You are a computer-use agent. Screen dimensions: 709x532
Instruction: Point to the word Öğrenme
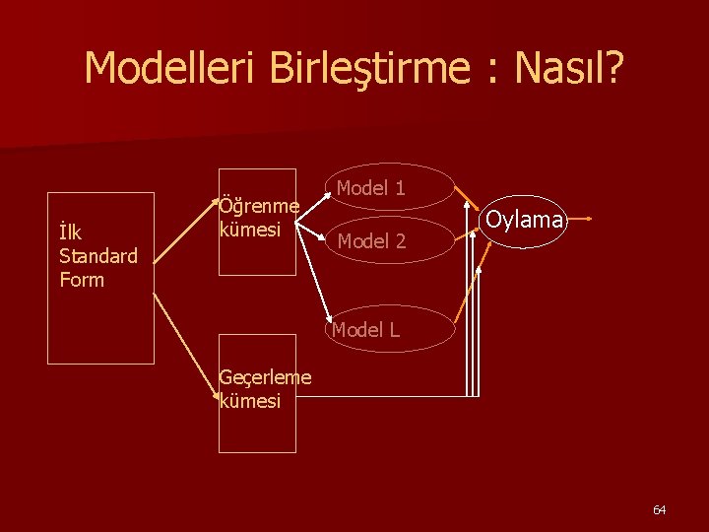point(259,206)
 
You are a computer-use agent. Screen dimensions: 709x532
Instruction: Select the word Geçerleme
point(265,377)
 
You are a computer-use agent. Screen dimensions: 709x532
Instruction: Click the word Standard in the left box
point(97,256)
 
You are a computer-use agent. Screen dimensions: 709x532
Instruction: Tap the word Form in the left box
point(81,280)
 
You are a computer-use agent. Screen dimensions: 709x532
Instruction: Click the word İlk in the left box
point(70,233)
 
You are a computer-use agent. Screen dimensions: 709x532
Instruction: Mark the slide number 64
point(659,509)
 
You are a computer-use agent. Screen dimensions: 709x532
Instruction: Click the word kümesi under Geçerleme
point(250,401)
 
